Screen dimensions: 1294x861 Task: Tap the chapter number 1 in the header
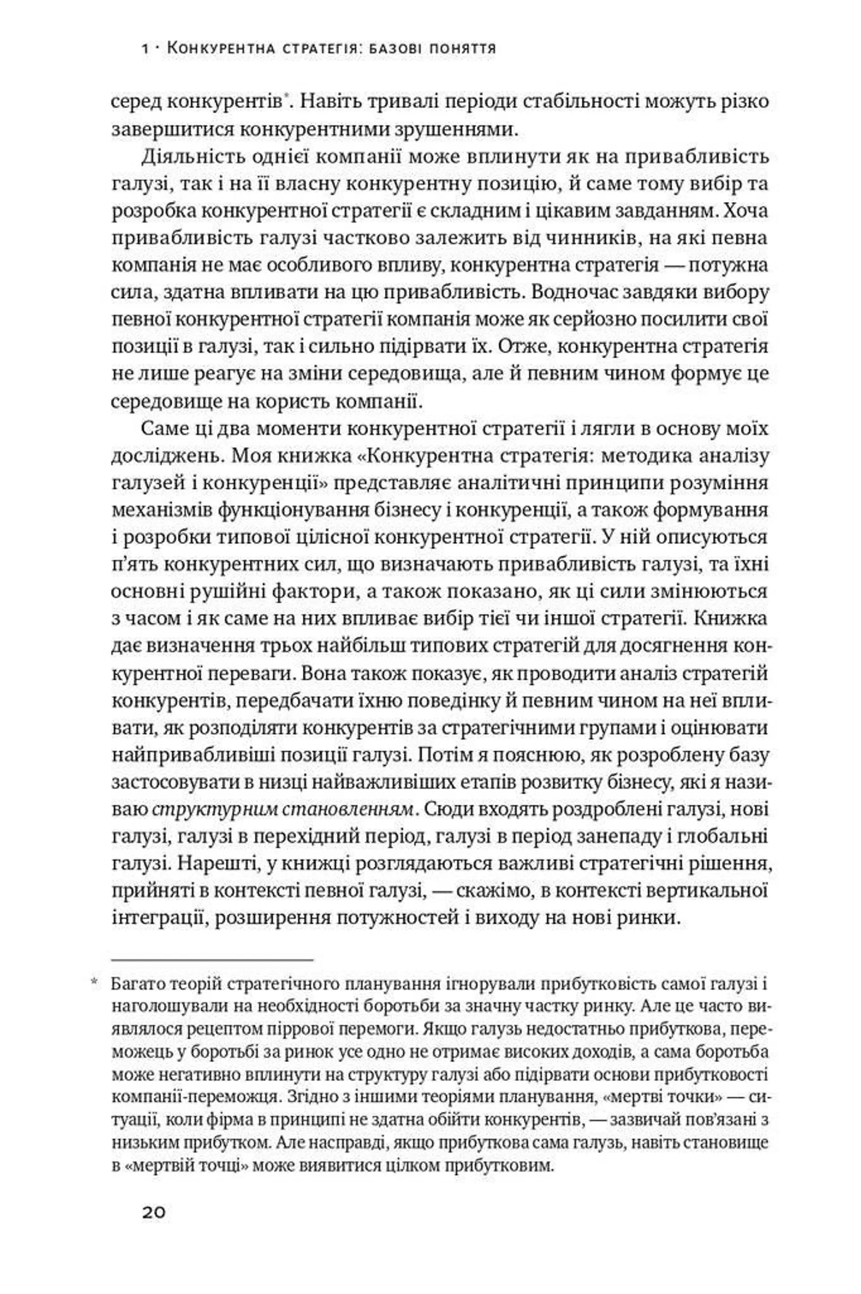click(145, 49)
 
